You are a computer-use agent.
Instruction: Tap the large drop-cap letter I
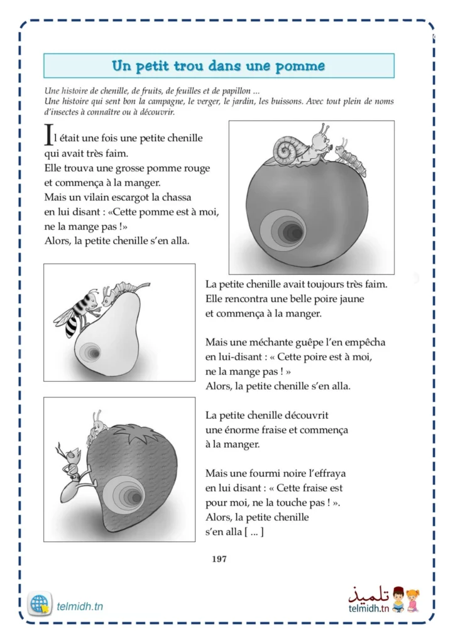click(48, 134)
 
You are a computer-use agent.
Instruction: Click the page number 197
click(219, 559)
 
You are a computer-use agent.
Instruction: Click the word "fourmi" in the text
click(273, 473)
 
